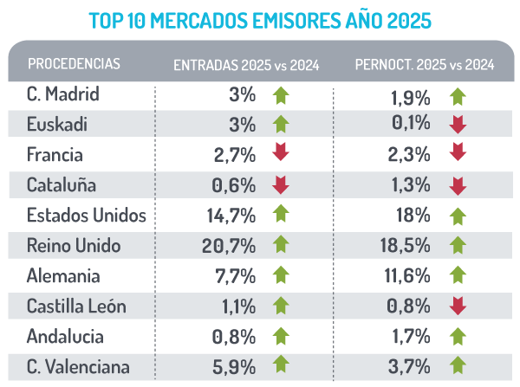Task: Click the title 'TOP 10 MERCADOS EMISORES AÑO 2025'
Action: pyautogui.click(x=259, y=17)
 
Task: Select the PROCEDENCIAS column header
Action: pyautogui.click(x=74, y=64)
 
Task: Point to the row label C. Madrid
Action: pyautogui.click(x=64, y=94)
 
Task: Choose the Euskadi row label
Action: pyautogui.click(x=58, y=125)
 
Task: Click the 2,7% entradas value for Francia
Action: pyautogui.click(x=235, y=155)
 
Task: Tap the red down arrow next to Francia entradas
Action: pyautogui.click(x=280, y=153)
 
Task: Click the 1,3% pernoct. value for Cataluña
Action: pyautogui.click(x=411, y=186)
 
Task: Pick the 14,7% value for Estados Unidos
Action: pyautogui.click(x=231, y=216)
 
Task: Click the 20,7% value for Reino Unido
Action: pyautogui.click(x=231, y=246)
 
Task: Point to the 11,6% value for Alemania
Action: pyautogui.click(x=407, y=277)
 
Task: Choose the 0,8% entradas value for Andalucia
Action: pyautogui.click(x=235, y=337)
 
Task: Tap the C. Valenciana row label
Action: pyautogui.click(x=79, y=367)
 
